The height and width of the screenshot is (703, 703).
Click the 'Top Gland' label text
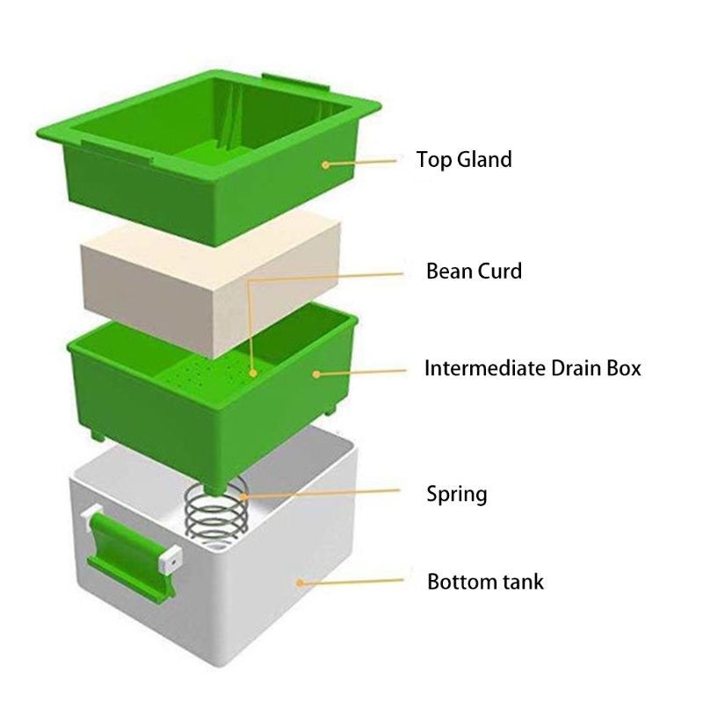click(464, 160)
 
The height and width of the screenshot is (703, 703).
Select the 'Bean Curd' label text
click(474, 271)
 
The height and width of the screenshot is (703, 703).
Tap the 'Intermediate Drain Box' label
click(533, 368)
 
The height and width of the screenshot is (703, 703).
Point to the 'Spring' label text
click(456, 495)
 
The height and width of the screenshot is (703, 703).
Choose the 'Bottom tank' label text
click(485, 582)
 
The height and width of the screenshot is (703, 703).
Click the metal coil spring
click(216, 510)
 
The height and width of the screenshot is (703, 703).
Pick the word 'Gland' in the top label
click(486, 160)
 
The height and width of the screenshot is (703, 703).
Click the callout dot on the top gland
click(326, 164)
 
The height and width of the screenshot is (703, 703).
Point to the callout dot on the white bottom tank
click(300, 583)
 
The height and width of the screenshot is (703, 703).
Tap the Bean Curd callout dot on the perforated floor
click(253, 373)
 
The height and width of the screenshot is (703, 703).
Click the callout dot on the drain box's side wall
click(316, 374)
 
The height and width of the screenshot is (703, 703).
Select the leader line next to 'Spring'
click(322, 493)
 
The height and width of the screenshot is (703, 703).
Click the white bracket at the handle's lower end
click(170, 559)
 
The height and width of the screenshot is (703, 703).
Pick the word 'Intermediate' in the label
click(484, 368)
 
